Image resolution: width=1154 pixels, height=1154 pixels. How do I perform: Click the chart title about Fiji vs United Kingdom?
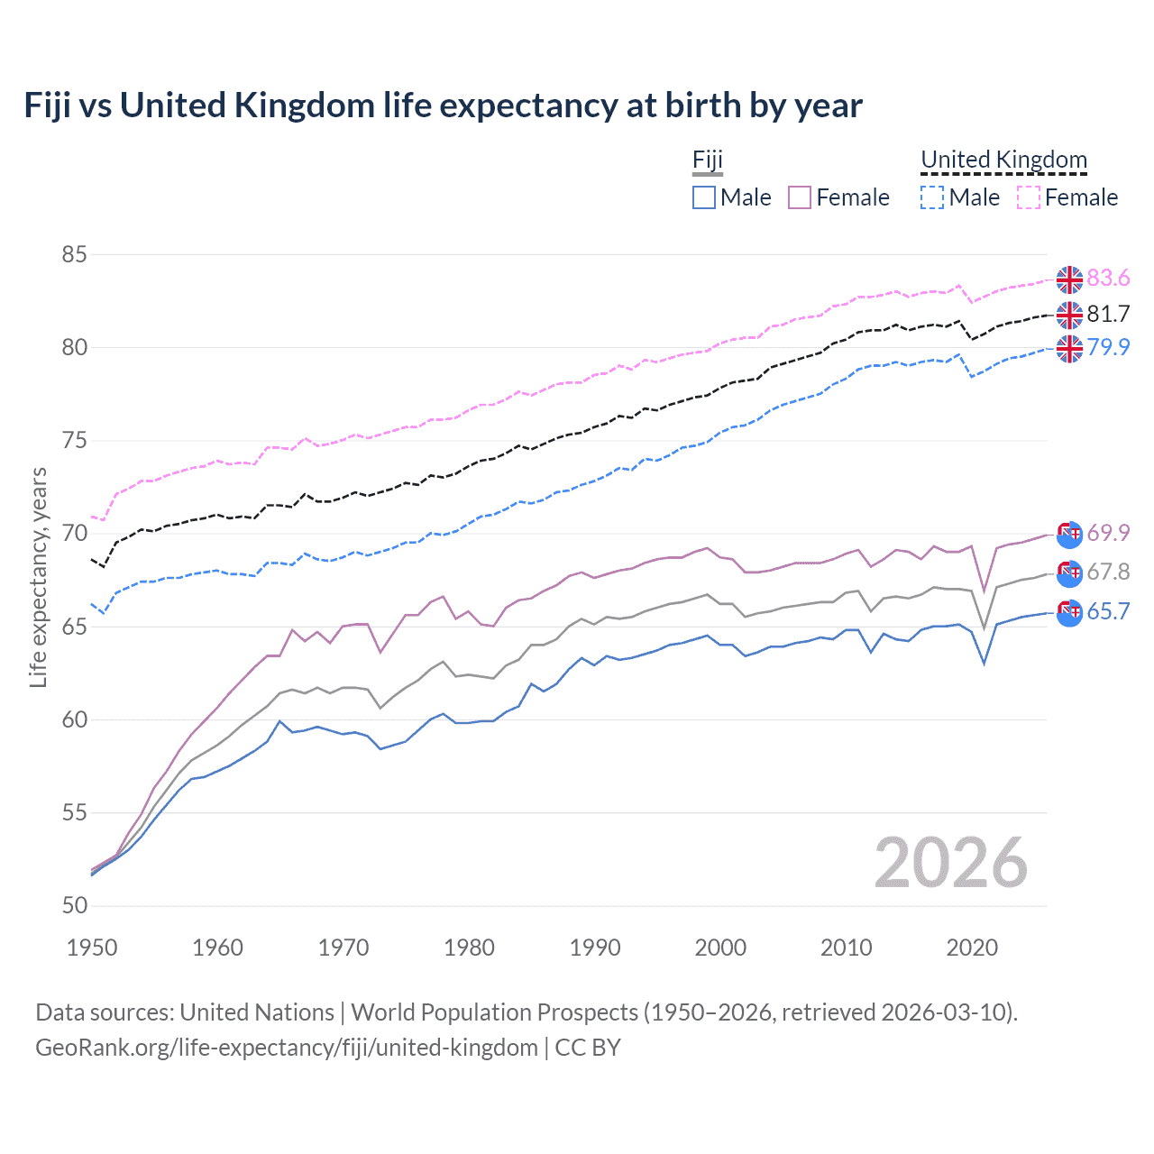click(x=443, y=105)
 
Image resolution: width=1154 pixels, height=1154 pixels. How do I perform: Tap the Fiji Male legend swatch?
click(x=704, y=197)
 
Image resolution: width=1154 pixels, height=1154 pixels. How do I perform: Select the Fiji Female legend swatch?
click(x=800, y=197)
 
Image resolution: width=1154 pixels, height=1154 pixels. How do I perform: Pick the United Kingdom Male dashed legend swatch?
click(x=932, y=197)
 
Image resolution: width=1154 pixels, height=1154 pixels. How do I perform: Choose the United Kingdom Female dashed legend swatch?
click(x=1029, y=197)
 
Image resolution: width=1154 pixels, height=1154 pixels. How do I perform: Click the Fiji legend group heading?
click(x=708, y=160)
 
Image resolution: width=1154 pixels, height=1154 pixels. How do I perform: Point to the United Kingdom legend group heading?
click(x=1003, y=160)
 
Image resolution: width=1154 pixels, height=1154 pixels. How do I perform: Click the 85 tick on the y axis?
click(x=74, y=255)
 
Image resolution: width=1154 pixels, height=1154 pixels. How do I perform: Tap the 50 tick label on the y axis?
click(x=74, y=906)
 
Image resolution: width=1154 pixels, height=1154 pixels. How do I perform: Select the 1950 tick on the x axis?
click(x=92, y=948)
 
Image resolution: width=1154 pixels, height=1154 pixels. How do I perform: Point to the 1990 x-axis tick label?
click(x=595, y=948)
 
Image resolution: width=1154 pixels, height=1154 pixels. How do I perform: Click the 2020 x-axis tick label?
click(x=972, y=948)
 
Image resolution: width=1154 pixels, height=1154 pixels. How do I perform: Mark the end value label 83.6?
click(x=1108, y=279)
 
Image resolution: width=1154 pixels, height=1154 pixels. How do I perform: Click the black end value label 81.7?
click(x=1108, y=314)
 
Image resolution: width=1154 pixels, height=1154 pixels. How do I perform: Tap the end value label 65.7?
click(x=1108, y=611)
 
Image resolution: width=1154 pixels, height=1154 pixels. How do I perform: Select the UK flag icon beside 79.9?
click(x=1069, y=348)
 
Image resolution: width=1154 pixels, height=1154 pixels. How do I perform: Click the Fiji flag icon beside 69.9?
click(x=1069, y=534)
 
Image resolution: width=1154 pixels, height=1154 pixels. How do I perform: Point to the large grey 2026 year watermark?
click(x=951, y=863)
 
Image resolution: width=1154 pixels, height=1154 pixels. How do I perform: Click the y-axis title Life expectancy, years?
click(x=39, y=577)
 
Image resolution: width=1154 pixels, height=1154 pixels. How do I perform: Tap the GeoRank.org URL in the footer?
click(x=287, y=1048)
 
